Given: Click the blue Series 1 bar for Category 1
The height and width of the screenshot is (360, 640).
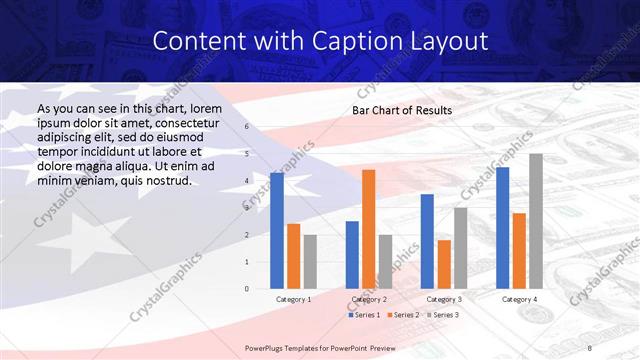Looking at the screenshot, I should (x=276, y=231).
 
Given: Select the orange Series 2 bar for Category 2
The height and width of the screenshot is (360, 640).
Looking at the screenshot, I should (x=369, y=229).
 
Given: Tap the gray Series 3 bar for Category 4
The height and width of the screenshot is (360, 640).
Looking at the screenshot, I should (x=536, y=221).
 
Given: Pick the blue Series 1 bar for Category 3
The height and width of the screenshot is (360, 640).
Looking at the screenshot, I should (x=427, y=241).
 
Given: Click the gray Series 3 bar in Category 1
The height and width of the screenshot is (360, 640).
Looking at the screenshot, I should (x=310, y=262).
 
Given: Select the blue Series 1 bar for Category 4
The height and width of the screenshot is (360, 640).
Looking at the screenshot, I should (x=502, y=228).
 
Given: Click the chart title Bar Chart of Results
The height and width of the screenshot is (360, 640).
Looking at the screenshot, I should (x=402, y=110).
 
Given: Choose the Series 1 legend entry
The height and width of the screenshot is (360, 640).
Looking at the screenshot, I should (x=364, y=315).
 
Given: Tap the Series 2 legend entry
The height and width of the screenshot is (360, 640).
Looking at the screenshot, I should (x=403, y=315).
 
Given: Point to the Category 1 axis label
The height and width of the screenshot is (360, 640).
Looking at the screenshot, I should (x=293, y=299).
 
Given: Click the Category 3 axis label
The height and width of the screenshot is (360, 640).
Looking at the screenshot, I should (x=444, y=299).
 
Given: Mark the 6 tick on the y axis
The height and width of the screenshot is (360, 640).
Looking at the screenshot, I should (x=246, y=127).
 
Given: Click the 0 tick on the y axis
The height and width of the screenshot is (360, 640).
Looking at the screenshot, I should (x=246, y=289).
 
